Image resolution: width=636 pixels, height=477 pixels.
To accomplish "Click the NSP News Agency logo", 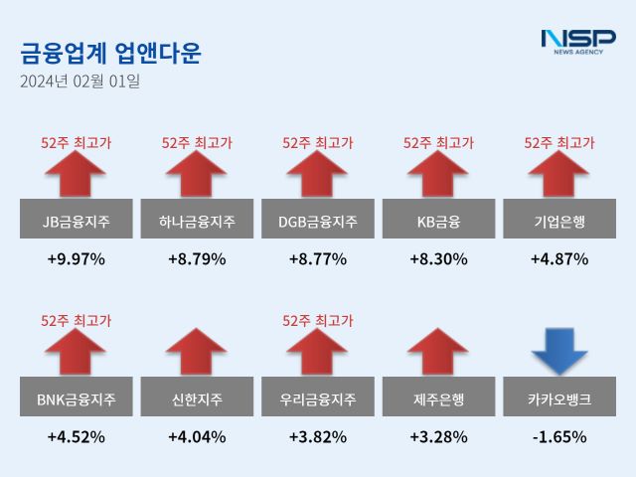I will tap(577, 41).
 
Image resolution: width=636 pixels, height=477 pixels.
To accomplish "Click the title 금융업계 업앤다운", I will tap(110, 53).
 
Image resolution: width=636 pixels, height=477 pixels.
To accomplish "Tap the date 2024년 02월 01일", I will tap(79, 81).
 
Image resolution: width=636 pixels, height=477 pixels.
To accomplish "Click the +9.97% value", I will tap(77, 259).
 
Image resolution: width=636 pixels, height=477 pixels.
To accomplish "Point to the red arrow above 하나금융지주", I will tap(197, 176).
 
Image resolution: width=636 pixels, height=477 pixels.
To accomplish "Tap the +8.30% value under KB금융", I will tap(438, 259).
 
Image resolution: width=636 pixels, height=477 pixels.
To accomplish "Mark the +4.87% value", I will tap(558, 259).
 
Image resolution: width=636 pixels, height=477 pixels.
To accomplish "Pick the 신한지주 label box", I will tap(197, 400).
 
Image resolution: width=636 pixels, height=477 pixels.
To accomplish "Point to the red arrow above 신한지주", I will tap(197, 353).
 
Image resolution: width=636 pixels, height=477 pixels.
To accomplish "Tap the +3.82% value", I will tap(318, 436).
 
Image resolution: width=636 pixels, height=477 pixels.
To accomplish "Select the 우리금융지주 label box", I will tap(318, 400).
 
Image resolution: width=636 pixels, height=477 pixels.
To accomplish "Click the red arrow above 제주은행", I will tap(438, 353).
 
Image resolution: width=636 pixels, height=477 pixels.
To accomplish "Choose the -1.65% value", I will tap(558, 436).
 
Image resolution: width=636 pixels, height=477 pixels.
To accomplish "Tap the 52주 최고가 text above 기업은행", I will tap(558, 143).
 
